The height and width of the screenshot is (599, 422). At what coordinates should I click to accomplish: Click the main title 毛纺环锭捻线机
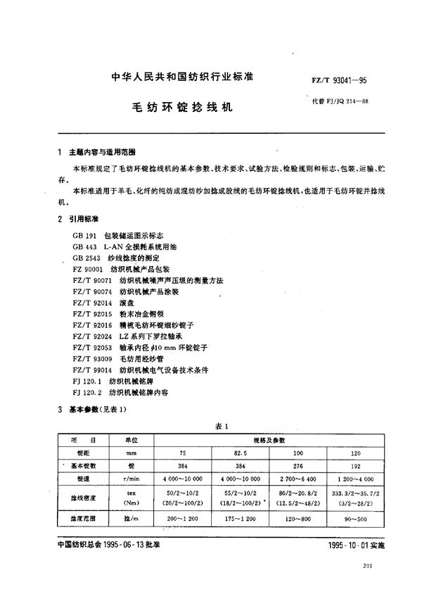(x=182, y=110)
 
